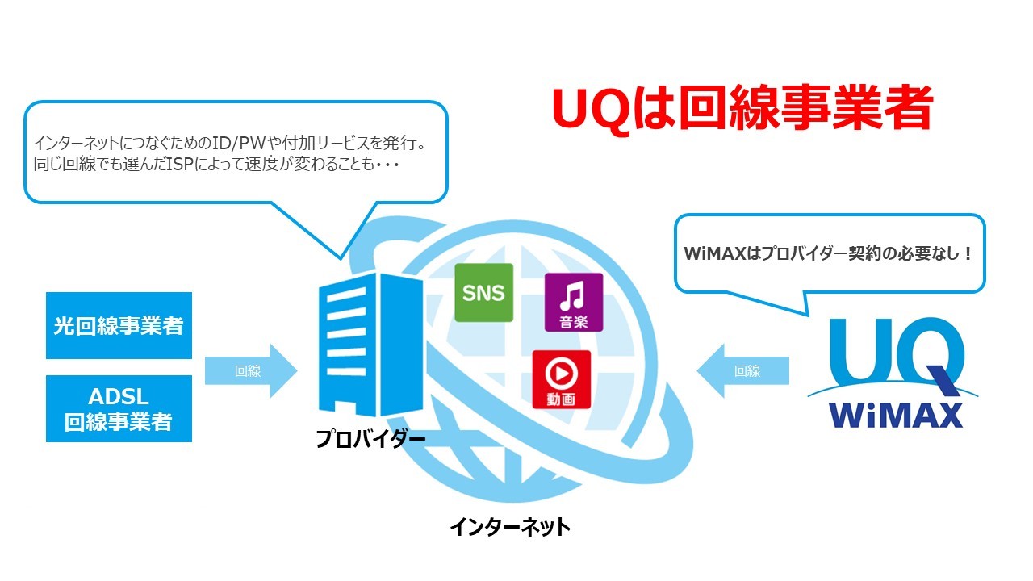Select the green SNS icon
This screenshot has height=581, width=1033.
(483, 292)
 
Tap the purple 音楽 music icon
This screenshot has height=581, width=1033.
(573, 302)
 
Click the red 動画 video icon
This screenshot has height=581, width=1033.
(561, 378)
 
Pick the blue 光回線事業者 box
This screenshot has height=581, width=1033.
(119, 326)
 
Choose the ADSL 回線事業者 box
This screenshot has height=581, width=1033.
(119, 408)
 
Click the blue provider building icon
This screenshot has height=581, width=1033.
(370, 342)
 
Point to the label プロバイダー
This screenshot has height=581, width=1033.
(370, 440)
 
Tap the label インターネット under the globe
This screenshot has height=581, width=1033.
(510, 527)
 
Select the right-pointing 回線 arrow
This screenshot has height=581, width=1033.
(251, 371)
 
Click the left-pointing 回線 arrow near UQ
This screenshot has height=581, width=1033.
(742, 371)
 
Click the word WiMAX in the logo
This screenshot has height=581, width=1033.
(896, 413)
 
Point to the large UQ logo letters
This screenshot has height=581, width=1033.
(896, 351)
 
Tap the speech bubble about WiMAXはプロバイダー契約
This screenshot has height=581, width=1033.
(829, 253)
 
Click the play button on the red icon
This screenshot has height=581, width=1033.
(561, 371)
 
